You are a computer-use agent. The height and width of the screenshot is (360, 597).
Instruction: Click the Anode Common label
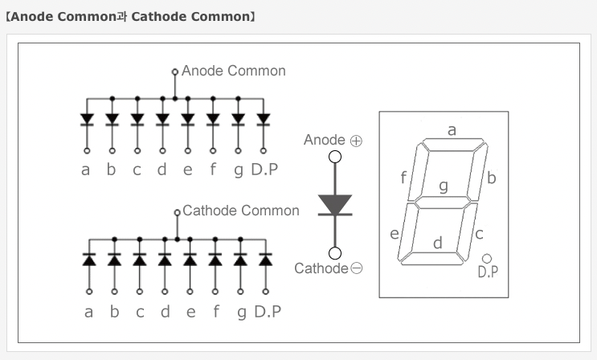coord(233,71)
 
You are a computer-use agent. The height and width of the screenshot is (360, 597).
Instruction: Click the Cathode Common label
coord(240,211)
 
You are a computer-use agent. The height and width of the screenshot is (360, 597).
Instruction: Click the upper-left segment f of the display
coord(416,172)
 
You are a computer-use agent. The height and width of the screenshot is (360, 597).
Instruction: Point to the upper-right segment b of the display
coord(480,172)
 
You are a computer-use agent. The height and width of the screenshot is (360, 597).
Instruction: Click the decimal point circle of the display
coord(487,258)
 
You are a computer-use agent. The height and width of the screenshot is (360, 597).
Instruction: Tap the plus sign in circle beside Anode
coord(356,141)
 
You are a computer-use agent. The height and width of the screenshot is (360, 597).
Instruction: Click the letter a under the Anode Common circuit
coord(86,170)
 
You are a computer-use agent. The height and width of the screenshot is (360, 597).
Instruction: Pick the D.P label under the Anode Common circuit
coord(266,170)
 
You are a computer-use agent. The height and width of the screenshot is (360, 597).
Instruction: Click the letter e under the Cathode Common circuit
coord(190,312)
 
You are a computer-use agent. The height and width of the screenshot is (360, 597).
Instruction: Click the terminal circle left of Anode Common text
coord(175,72)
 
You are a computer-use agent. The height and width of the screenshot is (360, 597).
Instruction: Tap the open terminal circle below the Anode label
coord(335,157)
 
